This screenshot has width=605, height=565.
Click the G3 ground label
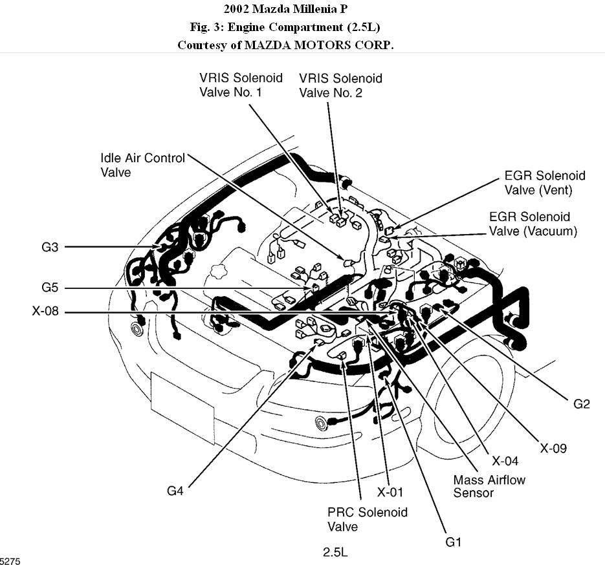(x=50, y=246)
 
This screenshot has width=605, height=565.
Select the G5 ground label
(x=50, y=288)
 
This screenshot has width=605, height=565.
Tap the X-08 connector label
(x=45, y=312)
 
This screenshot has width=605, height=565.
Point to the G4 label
(x=175, y=491)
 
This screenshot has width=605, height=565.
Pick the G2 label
(x=582, y=404)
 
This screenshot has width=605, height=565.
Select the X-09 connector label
(x=553, y=447)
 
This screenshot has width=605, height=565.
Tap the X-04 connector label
(x=505, y=461)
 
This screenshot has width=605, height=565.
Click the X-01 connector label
(x=390, y=493)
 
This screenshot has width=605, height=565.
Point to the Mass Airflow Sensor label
(x=489, y=486)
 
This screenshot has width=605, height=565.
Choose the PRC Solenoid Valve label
(x=368, y=519)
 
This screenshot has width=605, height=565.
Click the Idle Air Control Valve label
(x=142, y=165)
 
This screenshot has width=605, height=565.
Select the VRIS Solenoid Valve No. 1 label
(x=241, y=85)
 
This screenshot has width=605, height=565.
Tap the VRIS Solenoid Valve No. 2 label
(x=340, y=85)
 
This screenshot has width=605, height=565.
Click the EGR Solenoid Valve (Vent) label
(x=544, y=182)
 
